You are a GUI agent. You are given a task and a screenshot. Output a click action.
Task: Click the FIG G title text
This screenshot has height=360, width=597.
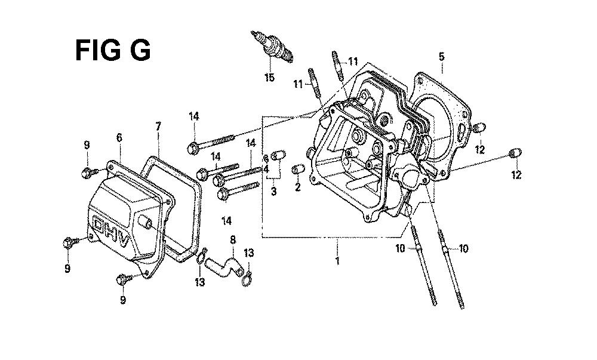[x=113, y=50]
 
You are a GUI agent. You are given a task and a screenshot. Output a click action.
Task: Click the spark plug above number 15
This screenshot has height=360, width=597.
[x=272, y=47]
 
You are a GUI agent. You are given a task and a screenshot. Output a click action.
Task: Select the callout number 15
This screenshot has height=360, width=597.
[x=269, y=78]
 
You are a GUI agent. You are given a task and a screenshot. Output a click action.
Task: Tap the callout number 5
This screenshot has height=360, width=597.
[x=442, y=57]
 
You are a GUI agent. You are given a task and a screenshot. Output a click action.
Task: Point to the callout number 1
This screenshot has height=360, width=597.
[x=337, y=261]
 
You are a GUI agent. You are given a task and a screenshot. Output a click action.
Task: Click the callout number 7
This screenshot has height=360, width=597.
[x=158, y=126]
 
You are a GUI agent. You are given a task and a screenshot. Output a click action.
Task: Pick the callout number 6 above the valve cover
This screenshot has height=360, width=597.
[x=119, y=137]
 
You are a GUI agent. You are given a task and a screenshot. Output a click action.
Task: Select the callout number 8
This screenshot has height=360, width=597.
[x=233, y=240]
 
